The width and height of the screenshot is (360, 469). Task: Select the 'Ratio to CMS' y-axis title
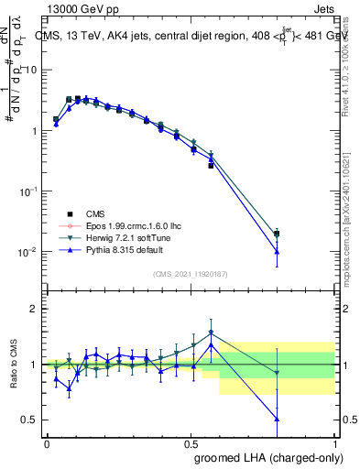[x=12, y=365]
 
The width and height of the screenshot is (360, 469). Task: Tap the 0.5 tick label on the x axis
[x=191, y=442]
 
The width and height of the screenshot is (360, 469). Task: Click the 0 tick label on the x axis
[x=47, y=442]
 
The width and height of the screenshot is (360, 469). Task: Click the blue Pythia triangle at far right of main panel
[x=277, y=251]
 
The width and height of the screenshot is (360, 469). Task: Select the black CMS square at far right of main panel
[x=277, y=234]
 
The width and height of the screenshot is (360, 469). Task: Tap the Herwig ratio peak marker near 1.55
[x=212, y=333]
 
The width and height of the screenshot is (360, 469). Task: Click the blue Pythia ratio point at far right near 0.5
[x=277, y=419]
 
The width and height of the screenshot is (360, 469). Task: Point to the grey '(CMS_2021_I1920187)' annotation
[x=190, y=273]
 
